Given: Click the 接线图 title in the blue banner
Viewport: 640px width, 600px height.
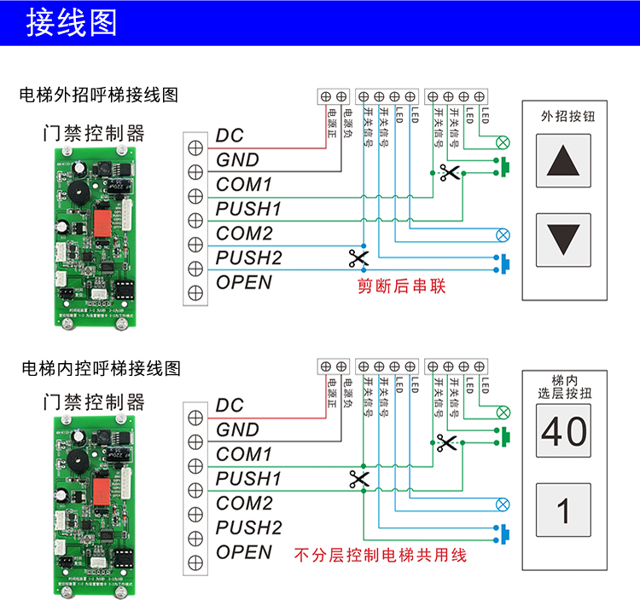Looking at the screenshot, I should [x=72, y=23].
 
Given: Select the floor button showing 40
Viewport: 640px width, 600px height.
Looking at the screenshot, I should [x=563, y=430].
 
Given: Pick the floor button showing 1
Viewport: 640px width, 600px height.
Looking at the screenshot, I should [x=563, y=511].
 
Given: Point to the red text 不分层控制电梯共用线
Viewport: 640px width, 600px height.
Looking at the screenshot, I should [x=381, y=555].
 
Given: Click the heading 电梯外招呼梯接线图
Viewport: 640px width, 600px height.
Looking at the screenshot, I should [x=99, y=95].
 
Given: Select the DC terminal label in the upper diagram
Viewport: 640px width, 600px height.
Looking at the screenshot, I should [x=230, y=136].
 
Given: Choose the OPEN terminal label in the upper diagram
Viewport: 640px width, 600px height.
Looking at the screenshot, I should [x=244, y=282].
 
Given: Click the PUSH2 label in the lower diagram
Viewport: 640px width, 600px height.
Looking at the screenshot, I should [x=248, y=528].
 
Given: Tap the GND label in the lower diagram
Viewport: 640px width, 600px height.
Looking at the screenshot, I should [x=237, y=430].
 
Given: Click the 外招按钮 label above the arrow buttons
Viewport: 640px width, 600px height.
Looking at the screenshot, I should [x=564, y=118].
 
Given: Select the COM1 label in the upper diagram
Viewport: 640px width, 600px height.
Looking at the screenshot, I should [x=244, y=184].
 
